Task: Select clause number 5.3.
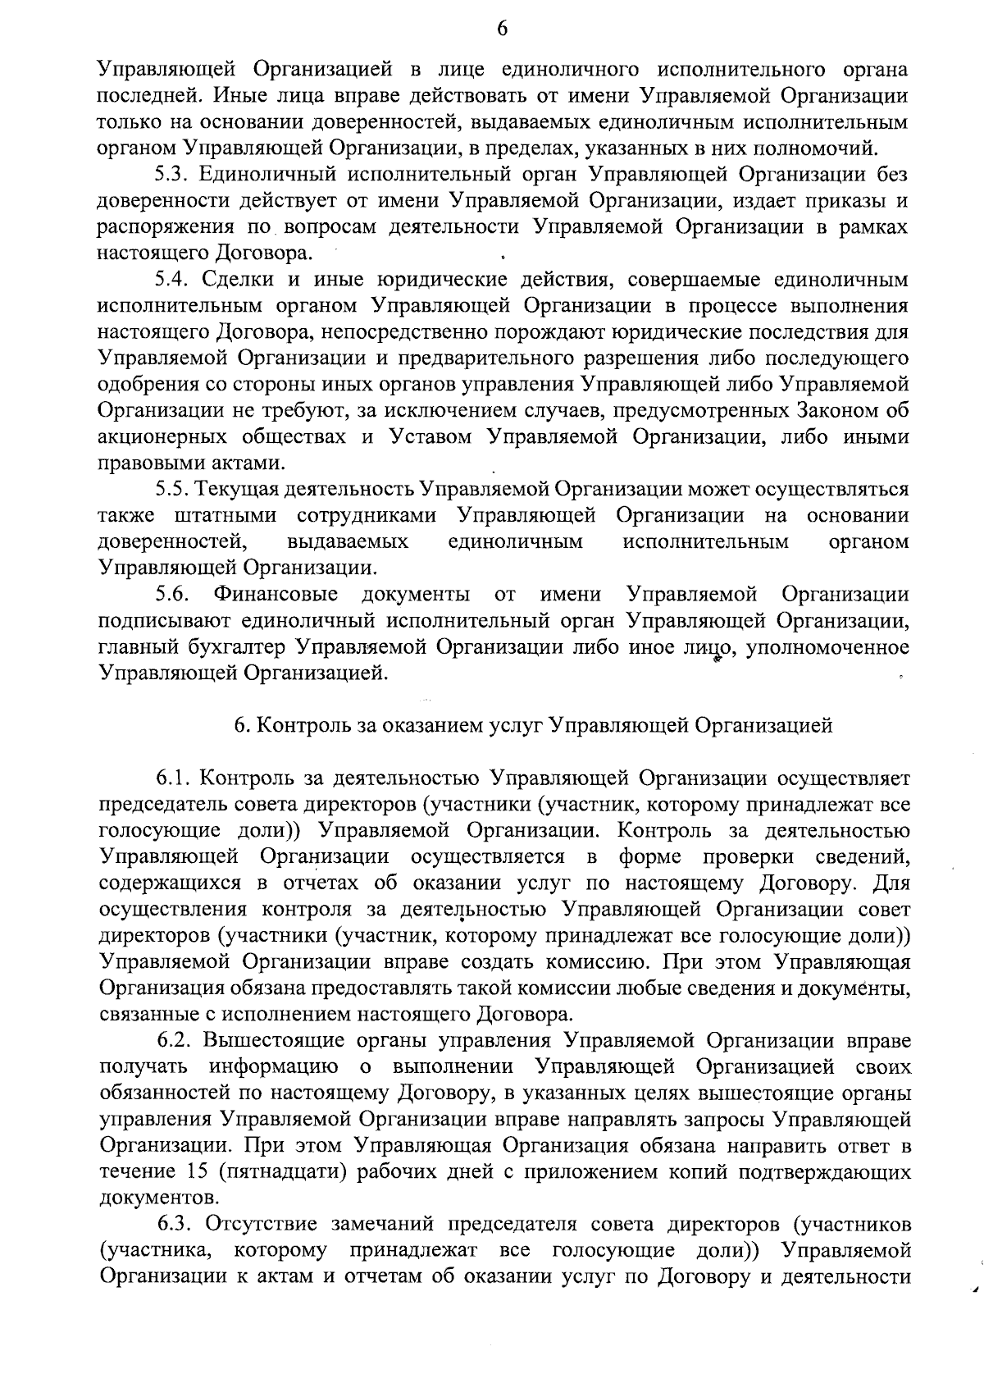click(x=171, y=175)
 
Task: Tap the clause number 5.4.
click(x=171, y=280)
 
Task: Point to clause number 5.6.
click(x=173, y=594)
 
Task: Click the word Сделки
click(x=236, y=280)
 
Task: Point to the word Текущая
click(x=239, y=490)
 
